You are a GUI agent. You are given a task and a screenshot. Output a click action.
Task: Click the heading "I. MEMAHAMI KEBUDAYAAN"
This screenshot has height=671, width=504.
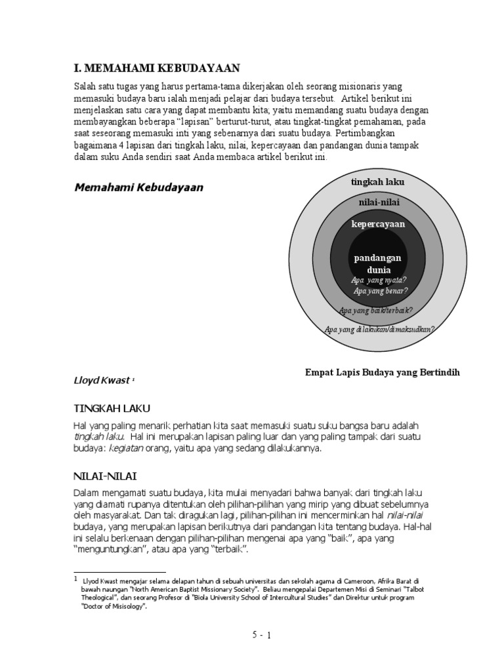click(x=156, y=69)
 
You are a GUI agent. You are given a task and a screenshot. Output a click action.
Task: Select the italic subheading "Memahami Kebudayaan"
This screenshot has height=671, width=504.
click(x=138, y=187)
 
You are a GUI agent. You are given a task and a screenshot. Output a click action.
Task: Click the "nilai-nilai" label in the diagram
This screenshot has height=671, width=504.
click(x=379, y=202)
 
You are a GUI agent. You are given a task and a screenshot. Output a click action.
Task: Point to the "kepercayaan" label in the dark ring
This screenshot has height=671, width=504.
click(x=379, y=224)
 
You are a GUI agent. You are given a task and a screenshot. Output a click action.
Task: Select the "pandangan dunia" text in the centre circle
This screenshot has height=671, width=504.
click(x=379, y=263)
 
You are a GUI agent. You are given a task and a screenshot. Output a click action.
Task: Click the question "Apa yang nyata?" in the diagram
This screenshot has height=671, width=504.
click(x=379, y=279)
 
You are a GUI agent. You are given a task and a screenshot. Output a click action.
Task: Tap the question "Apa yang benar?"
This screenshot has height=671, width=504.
click(x=381, y=290)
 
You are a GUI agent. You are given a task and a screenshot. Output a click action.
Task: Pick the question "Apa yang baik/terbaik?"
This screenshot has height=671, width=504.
click(x=375, y=310)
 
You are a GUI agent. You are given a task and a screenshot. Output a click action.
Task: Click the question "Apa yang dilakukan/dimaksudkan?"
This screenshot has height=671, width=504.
click(x=380, y=329)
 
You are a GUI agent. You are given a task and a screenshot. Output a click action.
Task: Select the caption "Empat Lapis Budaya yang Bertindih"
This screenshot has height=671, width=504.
click(x=383, y=372)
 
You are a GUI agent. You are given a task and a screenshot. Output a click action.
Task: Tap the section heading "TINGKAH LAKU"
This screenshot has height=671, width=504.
click(x=108, y=410)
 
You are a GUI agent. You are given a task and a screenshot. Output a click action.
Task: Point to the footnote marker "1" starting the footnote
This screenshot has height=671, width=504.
click(x=75, y=579)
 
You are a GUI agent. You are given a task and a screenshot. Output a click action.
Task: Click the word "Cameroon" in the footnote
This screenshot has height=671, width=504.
click(x=360, y=581)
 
